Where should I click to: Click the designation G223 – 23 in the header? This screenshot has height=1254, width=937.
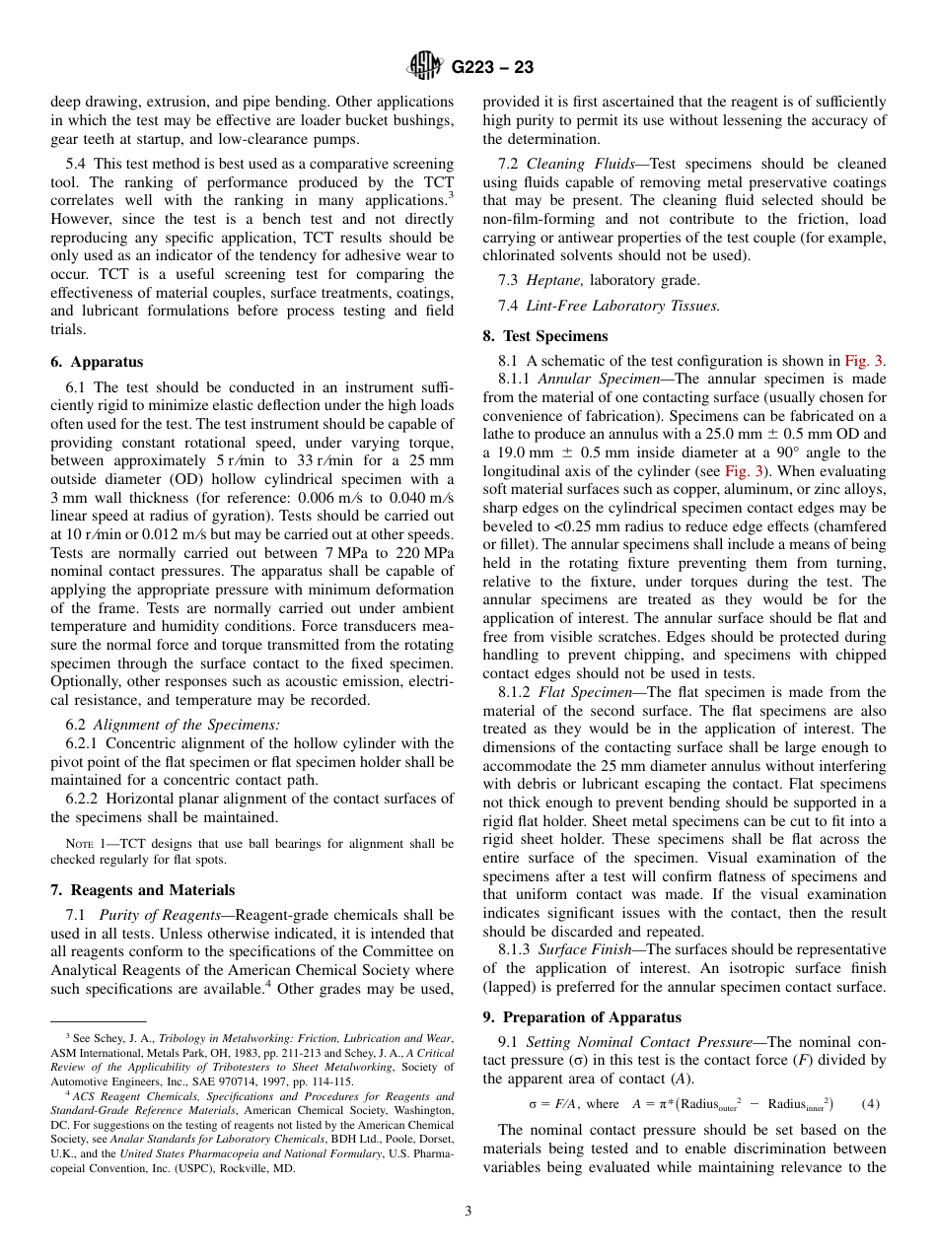[492, 68]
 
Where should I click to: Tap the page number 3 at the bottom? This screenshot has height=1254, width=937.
[468, 1212]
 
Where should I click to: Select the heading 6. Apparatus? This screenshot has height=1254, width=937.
[97, 362]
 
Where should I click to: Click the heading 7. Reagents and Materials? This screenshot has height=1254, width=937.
[142, 889]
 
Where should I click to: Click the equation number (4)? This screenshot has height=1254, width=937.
[873, 1103]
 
